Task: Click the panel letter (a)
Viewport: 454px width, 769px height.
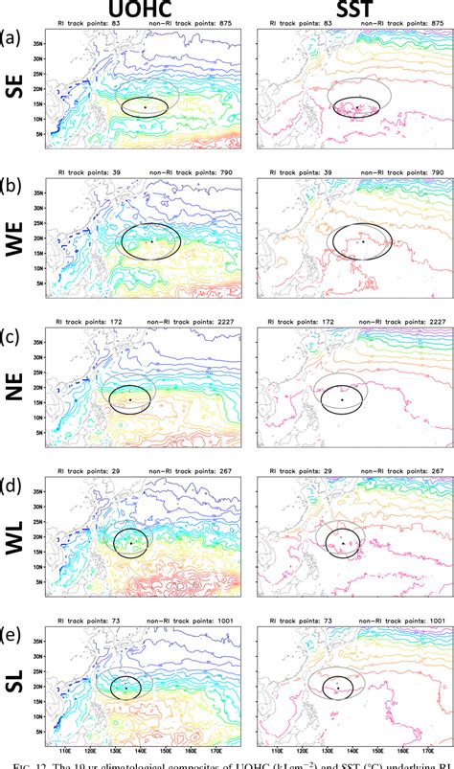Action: [x=12, y=37]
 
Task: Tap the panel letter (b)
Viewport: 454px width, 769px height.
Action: [x=12, y=183]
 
